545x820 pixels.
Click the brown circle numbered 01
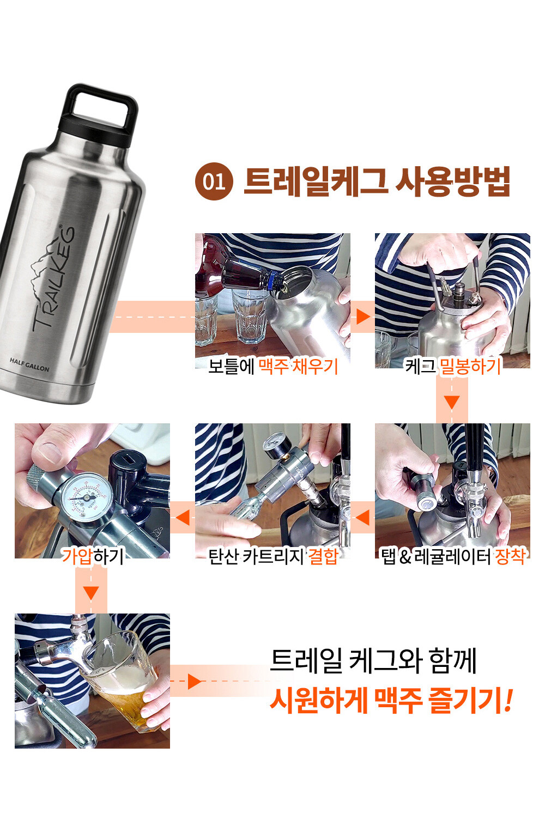[x=214, y=181]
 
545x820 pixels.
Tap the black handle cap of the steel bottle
[x=99, y=116]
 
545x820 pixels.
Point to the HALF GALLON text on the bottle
[x=29, y=365]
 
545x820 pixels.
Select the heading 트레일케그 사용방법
[x=377, y=181]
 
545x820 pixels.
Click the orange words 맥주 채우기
[x=298, y=366]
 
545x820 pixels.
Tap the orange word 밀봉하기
[x=470, y=366]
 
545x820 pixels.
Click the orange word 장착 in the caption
[x=510, y=556]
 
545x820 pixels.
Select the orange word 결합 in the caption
[x=323, y=556]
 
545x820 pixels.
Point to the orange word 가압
[x=76, y=555]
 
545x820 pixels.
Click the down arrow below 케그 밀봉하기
[x=452, y=402]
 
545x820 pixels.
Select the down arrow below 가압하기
[x=91, y=593]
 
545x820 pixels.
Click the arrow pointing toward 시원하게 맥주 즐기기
[x=195, y=681]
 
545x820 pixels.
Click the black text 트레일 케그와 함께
[x=373, y=661]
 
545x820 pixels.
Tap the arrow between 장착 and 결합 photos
[x=362, y=517]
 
